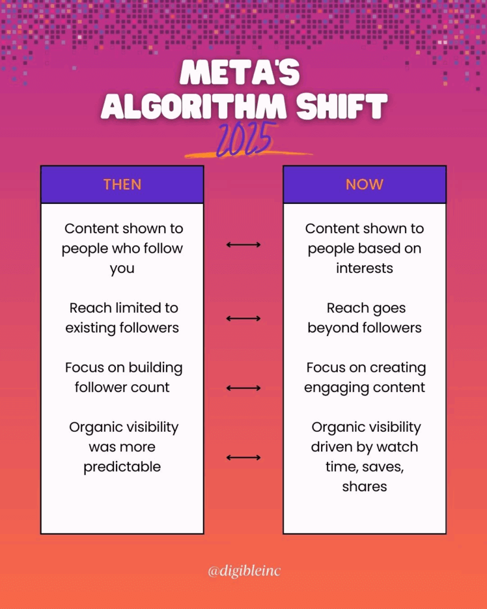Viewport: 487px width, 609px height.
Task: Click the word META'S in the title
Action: point(240,73)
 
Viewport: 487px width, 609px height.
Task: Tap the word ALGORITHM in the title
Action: point(193,106)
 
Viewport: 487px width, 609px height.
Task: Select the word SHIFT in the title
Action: point(342,106)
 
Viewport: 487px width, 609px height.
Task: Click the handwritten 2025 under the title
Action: point(244,140)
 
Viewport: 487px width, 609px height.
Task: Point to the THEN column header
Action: point(122,184)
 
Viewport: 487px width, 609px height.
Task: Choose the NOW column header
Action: point(365,184)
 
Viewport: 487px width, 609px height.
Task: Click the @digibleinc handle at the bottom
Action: point(244,571)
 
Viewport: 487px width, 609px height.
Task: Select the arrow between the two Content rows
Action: point(244,244)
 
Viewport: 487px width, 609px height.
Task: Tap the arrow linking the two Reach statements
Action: point(244,319)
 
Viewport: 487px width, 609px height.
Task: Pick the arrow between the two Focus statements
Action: point(244,388)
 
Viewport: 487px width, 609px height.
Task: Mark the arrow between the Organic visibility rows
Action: point(244,457)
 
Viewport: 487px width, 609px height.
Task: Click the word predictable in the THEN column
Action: point(122,467)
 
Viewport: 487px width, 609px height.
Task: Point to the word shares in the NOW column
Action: point(365,486)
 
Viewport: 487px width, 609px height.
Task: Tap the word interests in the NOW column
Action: point(365,268)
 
